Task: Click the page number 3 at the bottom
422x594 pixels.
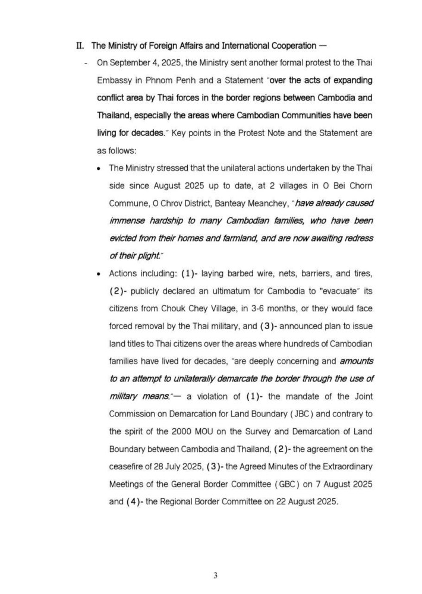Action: [x=216, y=575]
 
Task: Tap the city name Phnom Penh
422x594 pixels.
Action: [x=178, y=80]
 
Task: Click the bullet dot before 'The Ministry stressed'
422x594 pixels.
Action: [x=99, y=169]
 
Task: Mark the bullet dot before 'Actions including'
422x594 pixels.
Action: [x=99, y=273]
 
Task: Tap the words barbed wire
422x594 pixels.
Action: [x=253, y=273]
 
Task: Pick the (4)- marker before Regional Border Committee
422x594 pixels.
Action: [x=134, y=501]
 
